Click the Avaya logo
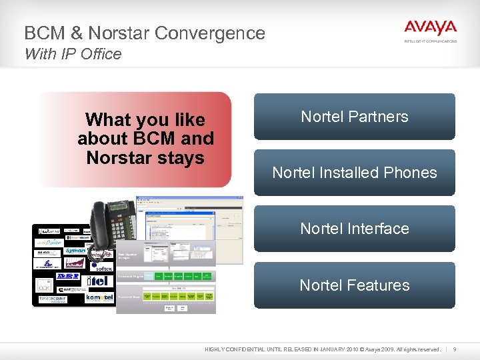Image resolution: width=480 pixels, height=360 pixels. (430, 29)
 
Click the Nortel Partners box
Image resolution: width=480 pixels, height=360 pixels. (354, 117)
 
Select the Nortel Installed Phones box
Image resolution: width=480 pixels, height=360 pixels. (354, 173)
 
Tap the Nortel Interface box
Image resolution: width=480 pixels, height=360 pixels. (354, 229)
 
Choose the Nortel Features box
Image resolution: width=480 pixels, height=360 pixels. (354, 285)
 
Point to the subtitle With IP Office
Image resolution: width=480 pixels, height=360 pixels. (73, 54)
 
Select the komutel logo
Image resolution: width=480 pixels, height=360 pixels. (99, 299)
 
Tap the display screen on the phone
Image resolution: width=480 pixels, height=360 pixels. (122, 207)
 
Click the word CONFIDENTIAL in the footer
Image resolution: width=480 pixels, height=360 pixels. (252, 349)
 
